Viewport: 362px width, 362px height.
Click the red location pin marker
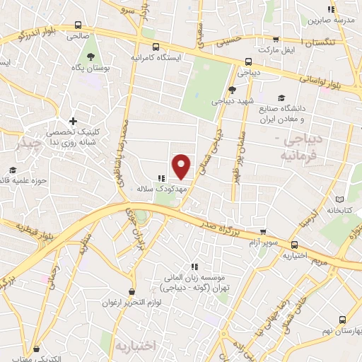click(182, 165)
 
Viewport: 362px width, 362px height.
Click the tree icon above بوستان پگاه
click(90, 54)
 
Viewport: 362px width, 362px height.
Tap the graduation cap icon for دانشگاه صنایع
click(282, 98)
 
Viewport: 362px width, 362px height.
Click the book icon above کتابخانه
click(341, 199)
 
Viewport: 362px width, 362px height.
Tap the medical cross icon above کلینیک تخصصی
click(73, 121)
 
